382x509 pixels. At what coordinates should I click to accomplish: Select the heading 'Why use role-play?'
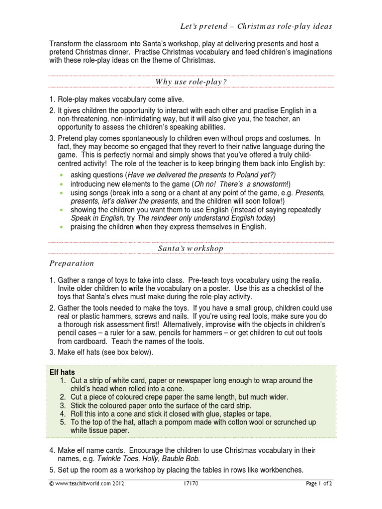191,81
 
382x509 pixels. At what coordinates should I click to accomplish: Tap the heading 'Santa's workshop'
191,248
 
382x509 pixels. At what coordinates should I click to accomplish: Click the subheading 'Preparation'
71,263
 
